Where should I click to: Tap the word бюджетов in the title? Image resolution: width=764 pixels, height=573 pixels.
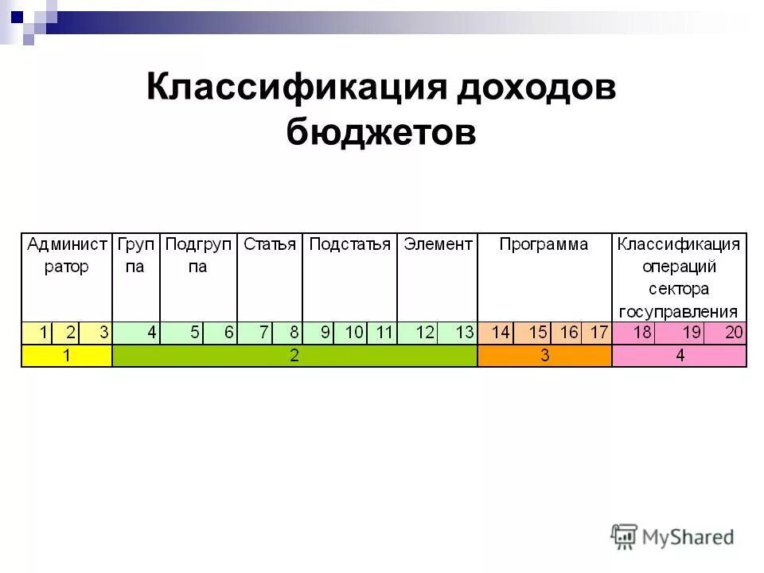coord(381,132)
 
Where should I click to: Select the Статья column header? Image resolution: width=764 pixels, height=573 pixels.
coord(269,244)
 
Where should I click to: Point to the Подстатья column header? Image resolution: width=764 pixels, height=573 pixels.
coord(349,244)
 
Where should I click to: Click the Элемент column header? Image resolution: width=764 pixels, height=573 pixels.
coord(438,244)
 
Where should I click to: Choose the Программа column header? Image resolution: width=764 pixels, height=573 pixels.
coord(544,244)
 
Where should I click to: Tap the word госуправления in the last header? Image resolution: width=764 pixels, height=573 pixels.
coord(680,311)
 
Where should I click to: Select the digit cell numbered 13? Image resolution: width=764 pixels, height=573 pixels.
coord(465,333)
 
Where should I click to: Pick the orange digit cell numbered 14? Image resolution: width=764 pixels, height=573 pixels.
coord(500,333)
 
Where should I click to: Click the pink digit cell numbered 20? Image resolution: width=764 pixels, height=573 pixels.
coord(734,333)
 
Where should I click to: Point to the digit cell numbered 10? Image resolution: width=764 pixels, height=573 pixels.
coord(355,333)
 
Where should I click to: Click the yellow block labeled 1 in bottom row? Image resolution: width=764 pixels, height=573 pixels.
coord(67,356)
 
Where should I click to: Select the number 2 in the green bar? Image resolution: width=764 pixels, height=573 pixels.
coord(294,356)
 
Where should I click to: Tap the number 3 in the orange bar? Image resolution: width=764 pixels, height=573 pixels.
coord(545,356)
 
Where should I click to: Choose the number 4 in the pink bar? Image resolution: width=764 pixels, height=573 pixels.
coord(680,356)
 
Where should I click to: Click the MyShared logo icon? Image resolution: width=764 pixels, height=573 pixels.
coord(625,537)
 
